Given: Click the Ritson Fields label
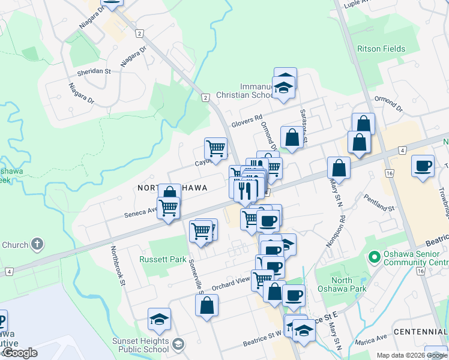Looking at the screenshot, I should tap(381, 49).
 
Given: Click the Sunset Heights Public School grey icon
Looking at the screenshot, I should tap(178, 344).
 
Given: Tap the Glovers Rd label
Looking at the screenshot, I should tap(247, 121).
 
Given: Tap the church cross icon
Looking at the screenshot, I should tap(37, 244).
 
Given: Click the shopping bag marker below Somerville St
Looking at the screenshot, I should tap(206, 305).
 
